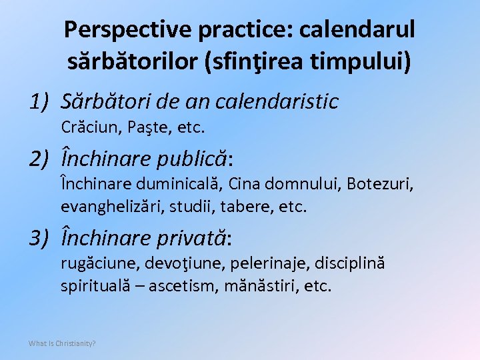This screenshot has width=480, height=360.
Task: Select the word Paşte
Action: point(138,126)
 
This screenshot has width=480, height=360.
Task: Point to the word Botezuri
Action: point(383,183)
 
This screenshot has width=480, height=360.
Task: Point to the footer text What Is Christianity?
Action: point(62,343)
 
